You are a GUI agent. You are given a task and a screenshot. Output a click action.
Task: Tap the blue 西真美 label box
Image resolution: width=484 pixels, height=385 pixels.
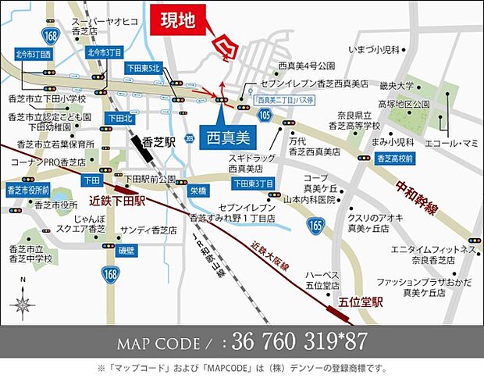pos(226,136)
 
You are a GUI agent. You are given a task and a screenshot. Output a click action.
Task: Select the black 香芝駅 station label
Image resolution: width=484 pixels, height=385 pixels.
pos(158,144)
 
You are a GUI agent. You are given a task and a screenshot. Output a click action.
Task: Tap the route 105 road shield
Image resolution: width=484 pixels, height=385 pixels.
pos(267,115)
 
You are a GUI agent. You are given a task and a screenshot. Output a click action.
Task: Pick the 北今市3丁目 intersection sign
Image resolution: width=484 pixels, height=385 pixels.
pos(105,52)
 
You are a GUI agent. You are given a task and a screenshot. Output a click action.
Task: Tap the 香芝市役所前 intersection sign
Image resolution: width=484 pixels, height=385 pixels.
pos(27,189)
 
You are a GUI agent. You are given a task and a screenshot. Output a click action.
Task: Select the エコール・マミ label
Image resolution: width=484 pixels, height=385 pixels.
pos(450,143)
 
